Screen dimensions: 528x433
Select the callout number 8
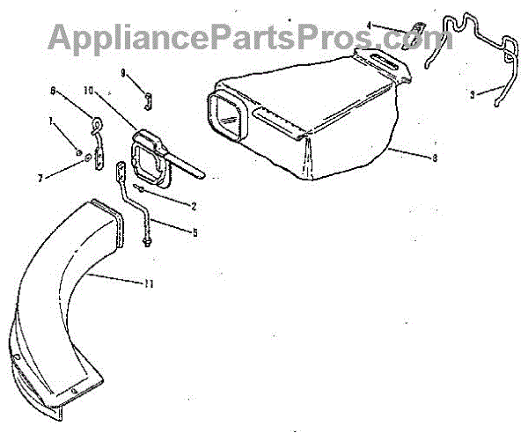(x=410, y=158)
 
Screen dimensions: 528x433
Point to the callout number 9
(x=123, y=70)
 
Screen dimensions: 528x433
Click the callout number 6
(x=53, y=90)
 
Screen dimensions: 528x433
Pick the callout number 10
(x=88, y=90)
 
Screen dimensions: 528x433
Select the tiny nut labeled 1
(x=77, y=151)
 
